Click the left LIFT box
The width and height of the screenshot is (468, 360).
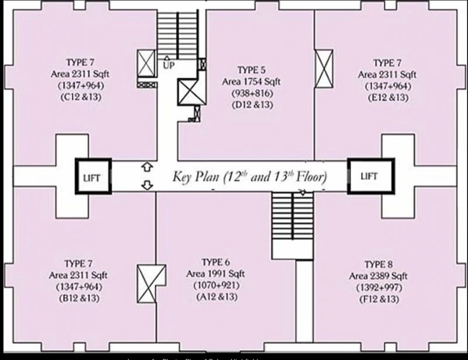click(93, 176)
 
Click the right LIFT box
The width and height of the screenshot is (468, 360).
click(369, 176)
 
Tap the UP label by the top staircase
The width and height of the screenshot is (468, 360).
click(169, 65)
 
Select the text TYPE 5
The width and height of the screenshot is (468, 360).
click(252, 70)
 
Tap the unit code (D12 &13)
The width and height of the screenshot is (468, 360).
click(252, 105)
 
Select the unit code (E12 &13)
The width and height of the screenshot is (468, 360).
click(387, 98)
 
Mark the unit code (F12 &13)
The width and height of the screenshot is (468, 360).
click(380, 299)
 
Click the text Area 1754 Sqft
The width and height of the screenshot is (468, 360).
click(252, 81)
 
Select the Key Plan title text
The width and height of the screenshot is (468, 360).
click(249, 176)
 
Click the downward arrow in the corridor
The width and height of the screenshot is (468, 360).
click(146, 185)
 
